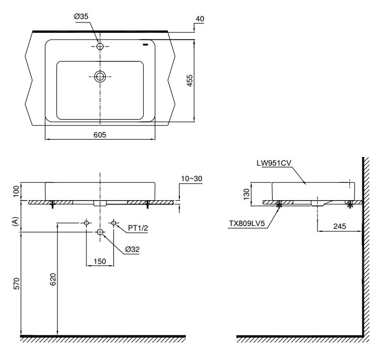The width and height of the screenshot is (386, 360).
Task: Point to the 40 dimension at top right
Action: click(200, 18)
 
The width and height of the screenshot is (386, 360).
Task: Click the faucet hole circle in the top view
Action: click(101, 46)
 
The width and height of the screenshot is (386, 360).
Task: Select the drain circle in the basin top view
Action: click(101, 76)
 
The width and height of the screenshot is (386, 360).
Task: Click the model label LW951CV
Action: click(274, 163)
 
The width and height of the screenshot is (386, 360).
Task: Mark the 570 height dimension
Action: click(17, 284)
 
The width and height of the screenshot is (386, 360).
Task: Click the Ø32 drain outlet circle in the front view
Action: click(101, 232)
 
